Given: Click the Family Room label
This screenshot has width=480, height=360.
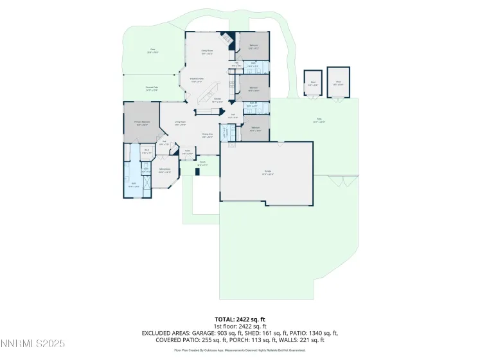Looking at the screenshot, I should coord(207,51).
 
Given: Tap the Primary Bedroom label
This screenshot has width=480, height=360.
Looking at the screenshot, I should coord(142,123).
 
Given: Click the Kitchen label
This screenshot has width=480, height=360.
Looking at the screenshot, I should coord(218,100).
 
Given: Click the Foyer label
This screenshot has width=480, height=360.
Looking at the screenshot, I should coord(188,153).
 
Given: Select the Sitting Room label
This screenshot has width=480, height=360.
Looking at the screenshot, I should coord(164,170).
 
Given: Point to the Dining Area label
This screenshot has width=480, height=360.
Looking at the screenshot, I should coord(208,135).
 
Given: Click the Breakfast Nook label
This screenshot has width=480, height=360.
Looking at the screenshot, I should coord(196,80).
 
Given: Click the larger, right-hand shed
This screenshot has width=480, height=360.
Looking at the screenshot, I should coord(338,82).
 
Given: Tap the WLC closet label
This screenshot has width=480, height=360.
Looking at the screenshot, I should coord(147,152).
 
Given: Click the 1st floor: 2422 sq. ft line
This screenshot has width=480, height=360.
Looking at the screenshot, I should coord(240,325).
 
